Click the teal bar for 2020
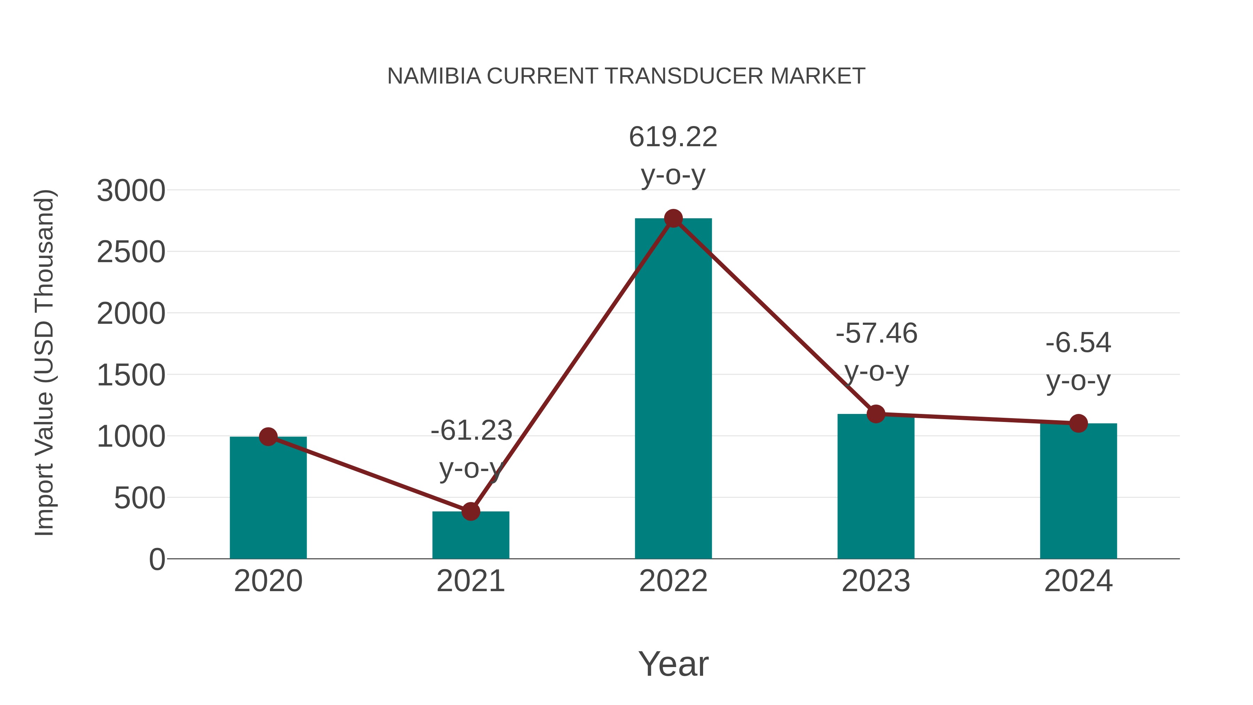coord(268,501)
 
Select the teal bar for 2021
coord(470,538)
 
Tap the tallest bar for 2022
coord(673,389)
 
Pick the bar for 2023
coord(876,487)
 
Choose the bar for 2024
coord(1078,491)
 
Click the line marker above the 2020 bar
coord(268,437)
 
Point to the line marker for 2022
coord(673,218)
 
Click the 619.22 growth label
coord(673,137)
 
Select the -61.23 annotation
coord(471,431)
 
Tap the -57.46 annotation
coord(876,334)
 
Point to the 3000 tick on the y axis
coord(131,191)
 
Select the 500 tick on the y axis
coord(139,499)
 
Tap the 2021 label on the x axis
coord(470,581)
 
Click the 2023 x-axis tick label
coord(876,581)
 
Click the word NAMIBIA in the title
coord(434,76)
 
